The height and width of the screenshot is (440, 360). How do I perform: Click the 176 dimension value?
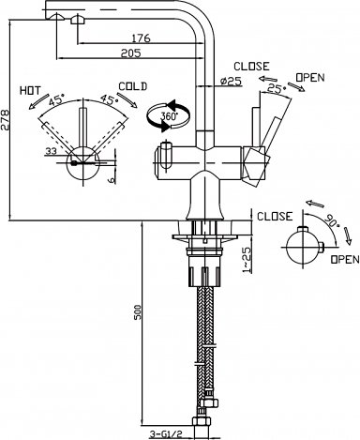click(x=141, y=38)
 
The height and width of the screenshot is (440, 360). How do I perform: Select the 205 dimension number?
click(x=131, y=53)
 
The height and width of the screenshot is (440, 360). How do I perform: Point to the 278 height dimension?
click(x=5, y=119)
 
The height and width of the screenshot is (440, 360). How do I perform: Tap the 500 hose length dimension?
click(x=139, y=311)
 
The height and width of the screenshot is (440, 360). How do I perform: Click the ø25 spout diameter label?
click(x=232, y=82)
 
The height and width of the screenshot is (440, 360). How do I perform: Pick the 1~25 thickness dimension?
click(x=247, y=260)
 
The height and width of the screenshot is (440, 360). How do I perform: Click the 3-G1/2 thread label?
click(x=166, y=434)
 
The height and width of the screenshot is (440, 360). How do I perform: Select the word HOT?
click(x=30, y=91)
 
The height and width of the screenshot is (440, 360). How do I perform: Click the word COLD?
click(x=133, y=86)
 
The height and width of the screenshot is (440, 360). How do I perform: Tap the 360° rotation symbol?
click(x=168, y=115)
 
